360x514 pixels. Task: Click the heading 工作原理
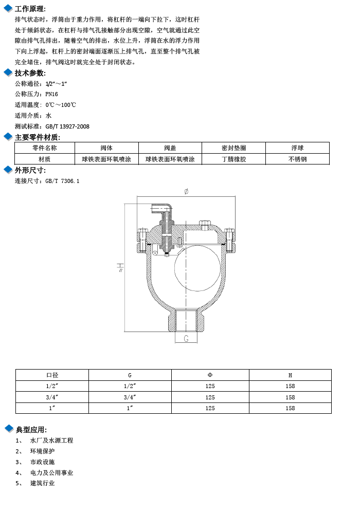30,9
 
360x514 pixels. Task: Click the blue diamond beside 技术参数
8,72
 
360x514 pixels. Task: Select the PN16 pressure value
51,94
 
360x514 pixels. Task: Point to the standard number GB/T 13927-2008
67,126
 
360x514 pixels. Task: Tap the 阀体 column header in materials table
106,148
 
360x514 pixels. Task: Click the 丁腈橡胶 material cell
233,159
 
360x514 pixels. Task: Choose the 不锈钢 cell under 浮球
297,159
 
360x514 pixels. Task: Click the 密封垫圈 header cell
233,148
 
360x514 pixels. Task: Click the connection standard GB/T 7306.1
62,181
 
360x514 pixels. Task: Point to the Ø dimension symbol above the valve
186,191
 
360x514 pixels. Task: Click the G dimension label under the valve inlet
186,339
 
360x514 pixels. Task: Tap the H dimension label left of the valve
120,267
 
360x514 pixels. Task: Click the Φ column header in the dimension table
210,375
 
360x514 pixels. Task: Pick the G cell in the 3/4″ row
130,397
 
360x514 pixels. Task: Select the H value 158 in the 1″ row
290,408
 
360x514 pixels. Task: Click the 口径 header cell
52,375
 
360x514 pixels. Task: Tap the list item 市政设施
42,462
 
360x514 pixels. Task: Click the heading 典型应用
31,429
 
